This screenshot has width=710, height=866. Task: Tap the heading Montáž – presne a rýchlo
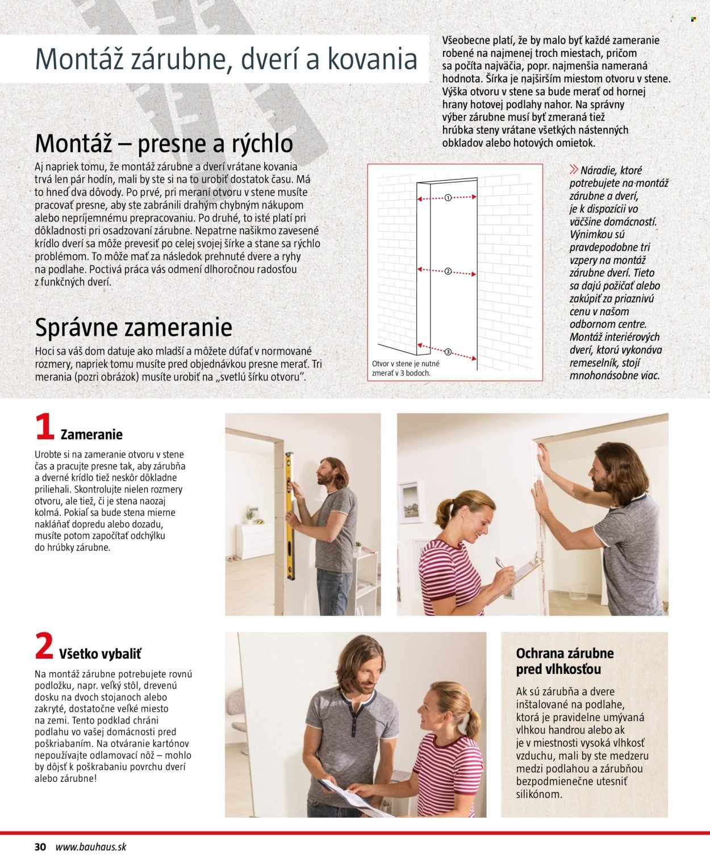(164, 143)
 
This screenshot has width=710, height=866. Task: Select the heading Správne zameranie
(133, 327)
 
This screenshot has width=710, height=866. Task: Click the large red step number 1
(44, 427)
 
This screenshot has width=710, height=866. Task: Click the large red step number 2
(44, 647)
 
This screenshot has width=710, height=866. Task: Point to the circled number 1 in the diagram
(448, 198)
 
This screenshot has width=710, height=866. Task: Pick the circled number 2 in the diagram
(448, 272)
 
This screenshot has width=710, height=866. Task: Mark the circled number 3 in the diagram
(448, 352)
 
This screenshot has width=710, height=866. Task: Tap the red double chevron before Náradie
(574, 169)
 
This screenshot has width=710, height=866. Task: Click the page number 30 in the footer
(40, 847)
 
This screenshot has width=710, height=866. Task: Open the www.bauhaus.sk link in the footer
(91, 847)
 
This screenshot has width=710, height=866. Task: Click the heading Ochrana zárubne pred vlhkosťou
(565, 661)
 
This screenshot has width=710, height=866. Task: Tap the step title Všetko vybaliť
(100, 654)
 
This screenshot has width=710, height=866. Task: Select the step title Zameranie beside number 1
(91, 435)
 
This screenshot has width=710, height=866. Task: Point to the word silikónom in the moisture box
(539, 794)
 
